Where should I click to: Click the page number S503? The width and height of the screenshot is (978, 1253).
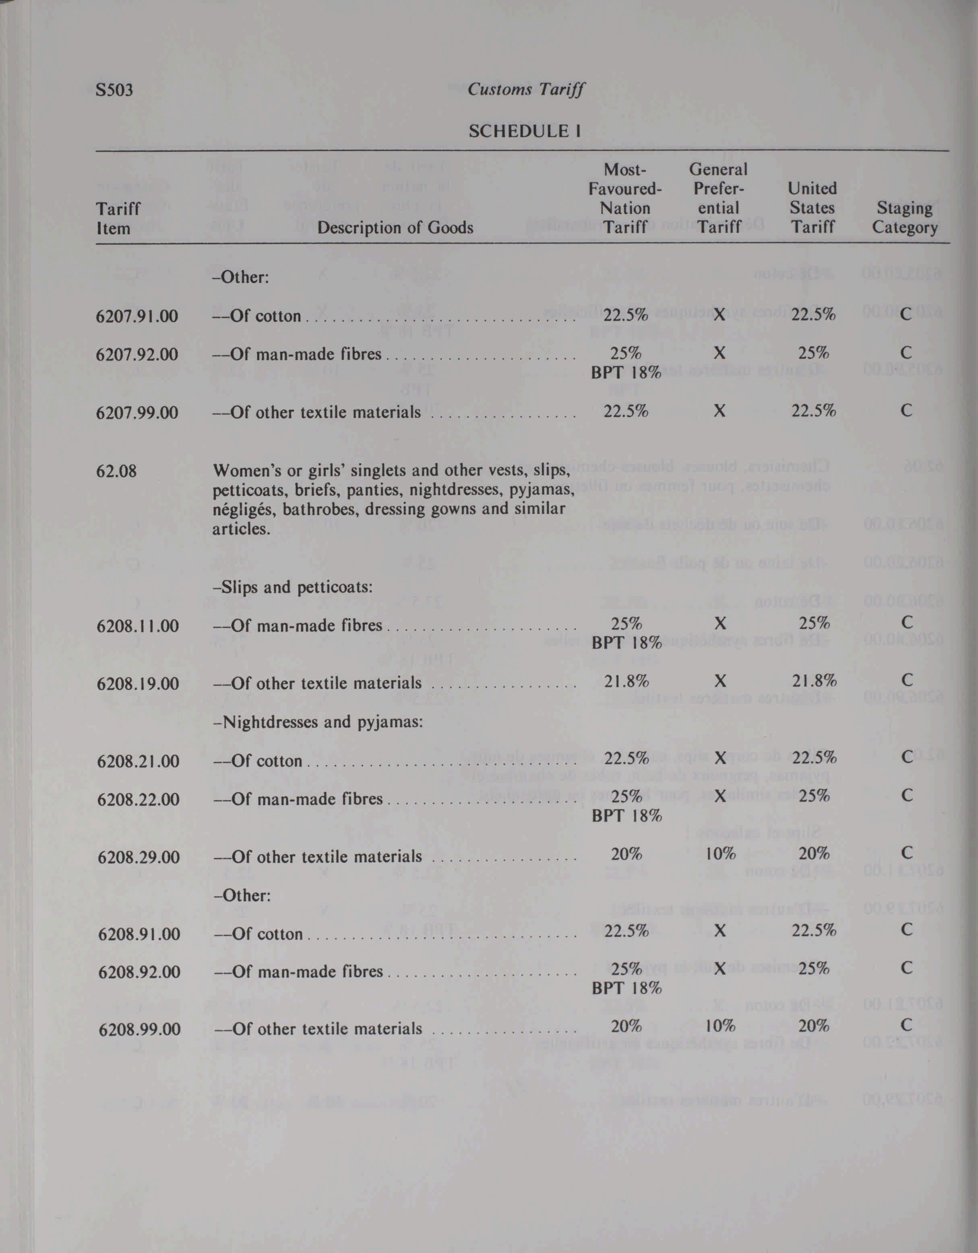point(115,90)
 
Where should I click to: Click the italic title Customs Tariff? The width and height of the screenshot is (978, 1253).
point(525,90)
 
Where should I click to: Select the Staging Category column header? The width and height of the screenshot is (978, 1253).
point(905,218)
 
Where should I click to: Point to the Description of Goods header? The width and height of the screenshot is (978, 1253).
point(395,228)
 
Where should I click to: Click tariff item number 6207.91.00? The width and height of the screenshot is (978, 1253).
point(137,316)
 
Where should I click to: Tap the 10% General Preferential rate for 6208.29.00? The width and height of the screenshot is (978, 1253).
point(720,854)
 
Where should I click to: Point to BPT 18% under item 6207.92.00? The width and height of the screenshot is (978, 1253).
point(626,372)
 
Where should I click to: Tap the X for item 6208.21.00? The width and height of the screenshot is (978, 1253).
point(720,758)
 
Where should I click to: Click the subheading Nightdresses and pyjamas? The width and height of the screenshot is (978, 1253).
point(317,722)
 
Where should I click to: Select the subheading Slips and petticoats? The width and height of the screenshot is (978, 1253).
point(293,588)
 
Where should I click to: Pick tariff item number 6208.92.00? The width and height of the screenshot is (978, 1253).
point(139,972)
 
